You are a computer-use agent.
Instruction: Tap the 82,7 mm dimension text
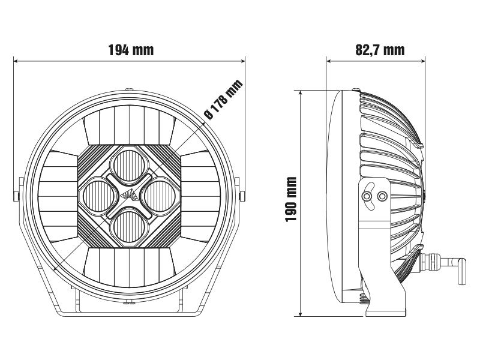[x=379, y=50]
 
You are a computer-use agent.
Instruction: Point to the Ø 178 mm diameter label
[x=223, y=100]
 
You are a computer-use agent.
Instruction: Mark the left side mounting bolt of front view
[x=17, y=195]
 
